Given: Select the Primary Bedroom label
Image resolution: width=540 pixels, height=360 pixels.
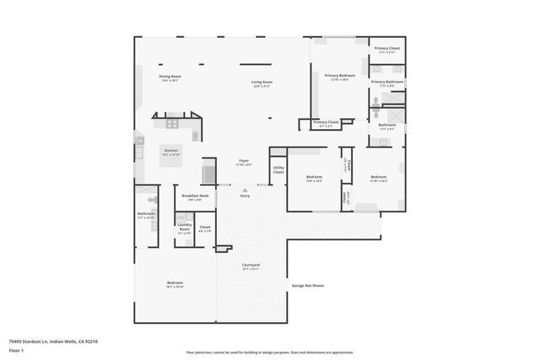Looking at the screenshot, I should (x=340, y=77).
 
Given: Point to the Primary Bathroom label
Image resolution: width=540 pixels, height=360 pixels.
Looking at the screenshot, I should (x=387, y=83).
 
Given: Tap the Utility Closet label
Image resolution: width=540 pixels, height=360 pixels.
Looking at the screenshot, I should (x=278, y=170).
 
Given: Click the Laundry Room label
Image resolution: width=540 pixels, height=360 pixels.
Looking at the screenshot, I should (x=184, y=228).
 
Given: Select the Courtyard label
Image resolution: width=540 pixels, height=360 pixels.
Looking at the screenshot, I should (x=251, y=266).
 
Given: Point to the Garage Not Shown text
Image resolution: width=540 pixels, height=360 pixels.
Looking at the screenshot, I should (x=308, y=286).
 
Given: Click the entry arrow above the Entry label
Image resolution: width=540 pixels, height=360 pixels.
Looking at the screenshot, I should (x=245, y=189).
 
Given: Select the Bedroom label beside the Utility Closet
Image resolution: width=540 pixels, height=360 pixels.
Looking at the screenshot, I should (x=314, y=178).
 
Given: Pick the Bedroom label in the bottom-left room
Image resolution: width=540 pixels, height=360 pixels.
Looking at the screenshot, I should (x=175, y=283).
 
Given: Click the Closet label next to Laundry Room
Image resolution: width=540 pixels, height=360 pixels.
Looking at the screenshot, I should (x=205, y=228).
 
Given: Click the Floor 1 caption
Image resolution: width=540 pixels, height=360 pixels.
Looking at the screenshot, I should (x=16, y=350).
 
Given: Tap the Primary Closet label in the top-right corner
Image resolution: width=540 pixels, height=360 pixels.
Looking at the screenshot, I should (x=387, y=50).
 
